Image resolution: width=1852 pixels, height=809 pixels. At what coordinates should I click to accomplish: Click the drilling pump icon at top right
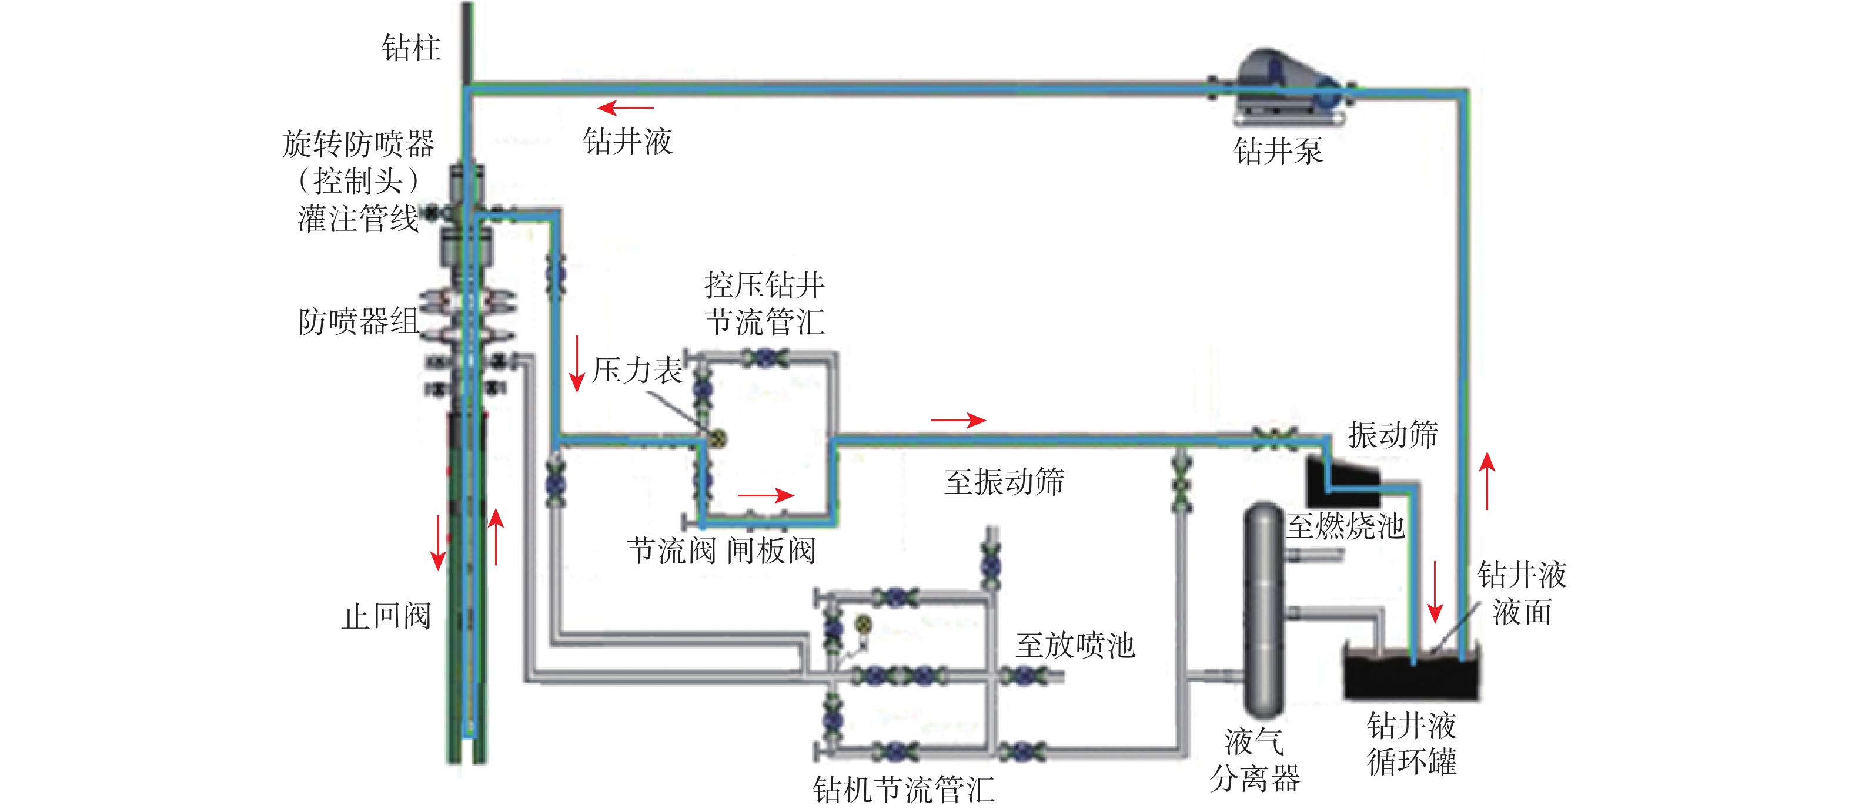(x=1287, y=86)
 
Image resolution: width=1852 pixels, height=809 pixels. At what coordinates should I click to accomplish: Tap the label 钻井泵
(x=1278, y=151)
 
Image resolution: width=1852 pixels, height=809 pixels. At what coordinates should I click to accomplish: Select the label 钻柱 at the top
(x=410, y=48)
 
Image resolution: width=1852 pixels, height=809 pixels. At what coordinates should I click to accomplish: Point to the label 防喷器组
(x=358, y=321)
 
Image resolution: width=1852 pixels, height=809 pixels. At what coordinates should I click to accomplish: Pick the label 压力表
(x=637, y=371)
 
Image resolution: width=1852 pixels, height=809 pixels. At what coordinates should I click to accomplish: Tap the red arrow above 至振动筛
(x=958, y=419)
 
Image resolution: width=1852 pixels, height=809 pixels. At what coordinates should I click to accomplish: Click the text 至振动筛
(x=1004, y=481)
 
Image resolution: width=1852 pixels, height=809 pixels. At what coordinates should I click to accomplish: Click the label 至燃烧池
(x=1345, y=526)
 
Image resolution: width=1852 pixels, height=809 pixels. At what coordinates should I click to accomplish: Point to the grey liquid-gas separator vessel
(x=1264, y=610)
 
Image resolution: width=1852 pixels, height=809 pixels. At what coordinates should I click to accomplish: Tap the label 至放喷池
(x=1075, y=645)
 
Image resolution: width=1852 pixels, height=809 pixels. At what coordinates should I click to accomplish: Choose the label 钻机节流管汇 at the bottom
(x=904, y=790)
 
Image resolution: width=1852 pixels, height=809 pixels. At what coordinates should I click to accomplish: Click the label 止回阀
(x=386, y=616)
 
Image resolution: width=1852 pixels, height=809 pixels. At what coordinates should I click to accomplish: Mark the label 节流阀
(x=671, y=552)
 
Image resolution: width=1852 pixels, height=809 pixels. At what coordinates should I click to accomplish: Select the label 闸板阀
(x=771, y=552)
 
